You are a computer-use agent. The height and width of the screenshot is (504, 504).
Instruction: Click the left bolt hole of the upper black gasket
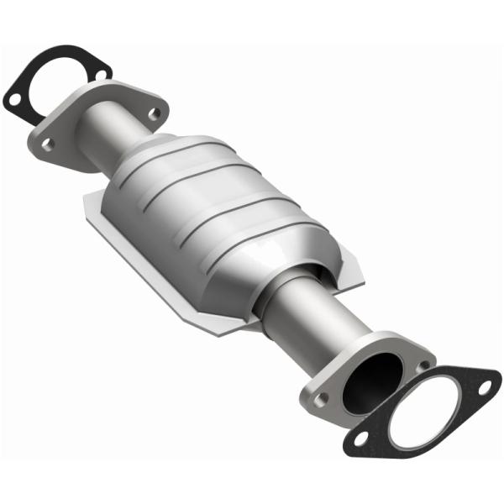(14, 98)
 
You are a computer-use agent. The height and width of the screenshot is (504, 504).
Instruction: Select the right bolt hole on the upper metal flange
(153, 113)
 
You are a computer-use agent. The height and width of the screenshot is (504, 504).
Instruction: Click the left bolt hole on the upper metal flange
(47, 144)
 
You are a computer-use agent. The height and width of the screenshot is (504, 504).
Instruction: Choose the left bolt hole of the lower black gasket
(360, 438)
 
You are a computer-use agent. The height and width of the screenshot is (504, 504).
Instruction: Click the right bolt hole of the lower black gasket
(484, 386)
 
